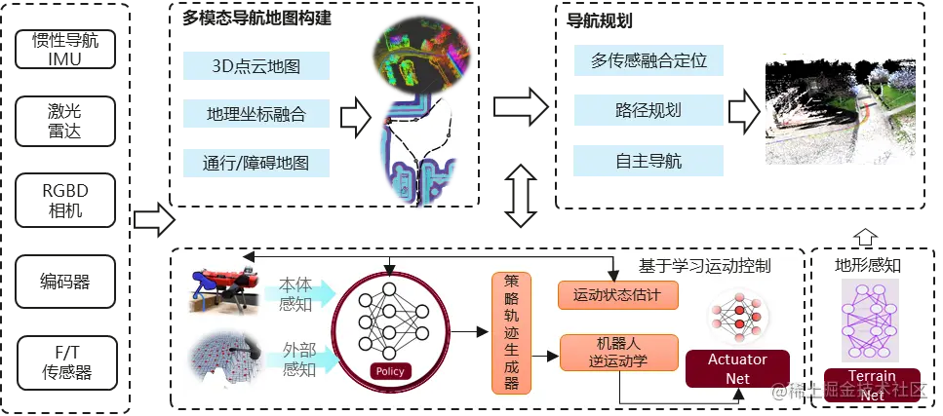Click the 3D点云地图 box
tap(256, 67)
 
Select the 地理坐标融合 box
tap(256, 114)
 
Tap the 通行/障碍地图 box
tap(256, 161)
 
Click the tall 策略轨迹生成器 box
tap(511, 332)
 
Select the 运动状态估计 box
tap(617, 294)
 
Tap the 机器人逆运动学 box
tap(617, 353)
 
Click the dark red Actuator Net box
tap(737, 369)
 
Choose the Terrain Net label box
tap(872, 385)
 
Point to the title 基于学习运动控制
tap(704, 265)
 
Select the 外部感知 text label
tap(297, 359)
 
